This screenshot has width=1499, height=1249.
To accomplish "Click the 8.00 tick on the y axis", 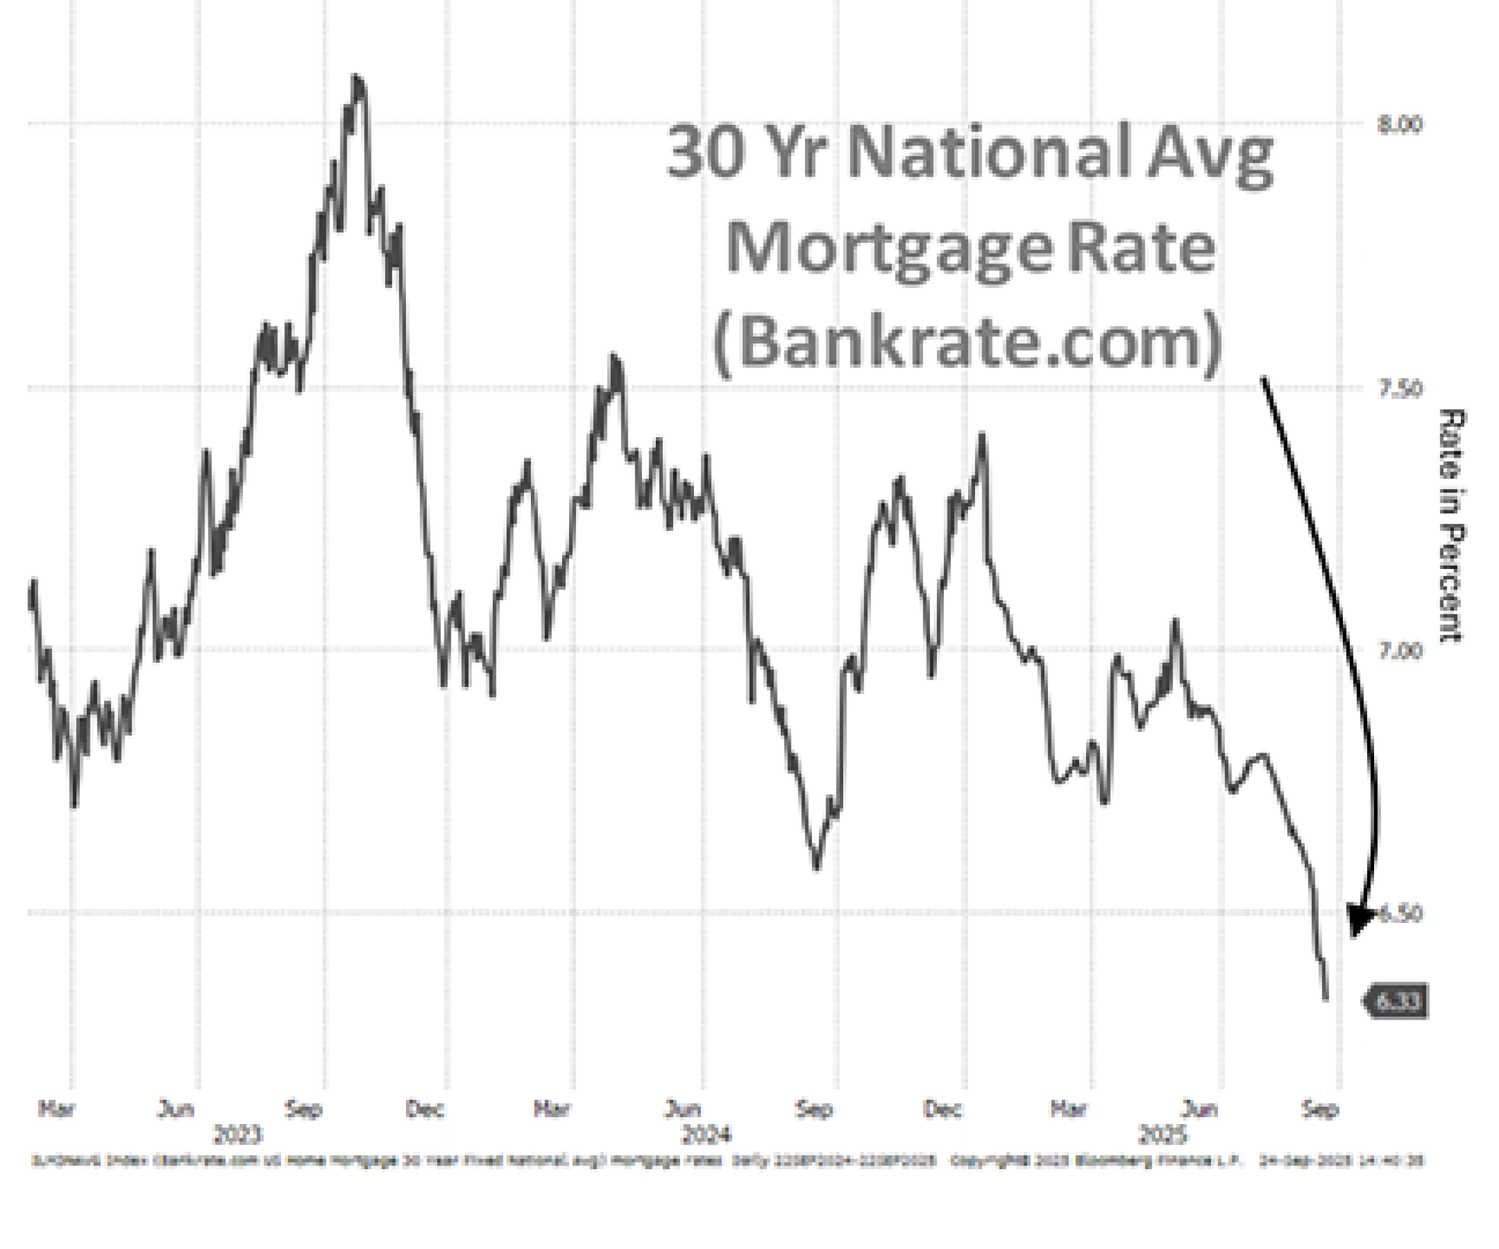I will pos(1399,125).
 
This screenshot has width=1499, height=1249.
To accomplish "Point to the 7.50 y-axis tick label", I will pos(1399,389).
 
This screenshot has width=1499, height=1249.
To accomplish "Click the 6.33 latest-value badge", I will pos(1397,1001).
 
